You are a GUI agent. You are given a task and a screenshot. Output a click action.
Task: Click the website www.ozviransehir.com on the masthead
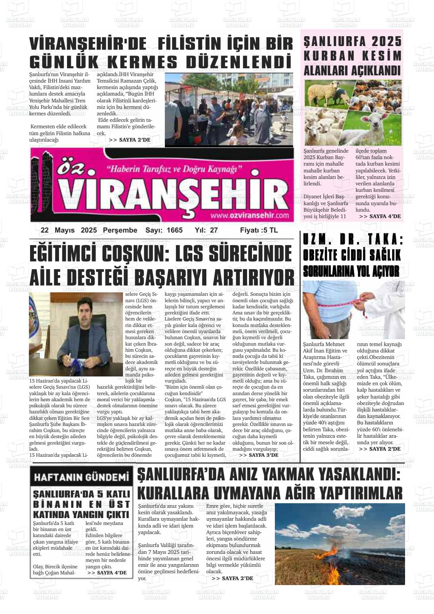click(249, 215)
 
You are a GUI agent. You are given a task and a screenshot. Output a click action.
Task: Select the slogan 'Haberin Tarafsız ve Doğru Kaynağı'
click(174, 168)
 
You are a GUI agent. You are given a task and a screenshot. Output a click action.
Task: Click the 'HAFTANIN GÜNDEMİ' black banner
click(81, 477)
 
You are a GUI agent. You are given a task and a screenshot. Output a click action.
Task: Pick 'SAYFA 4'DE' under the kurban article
click(380, 216)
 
